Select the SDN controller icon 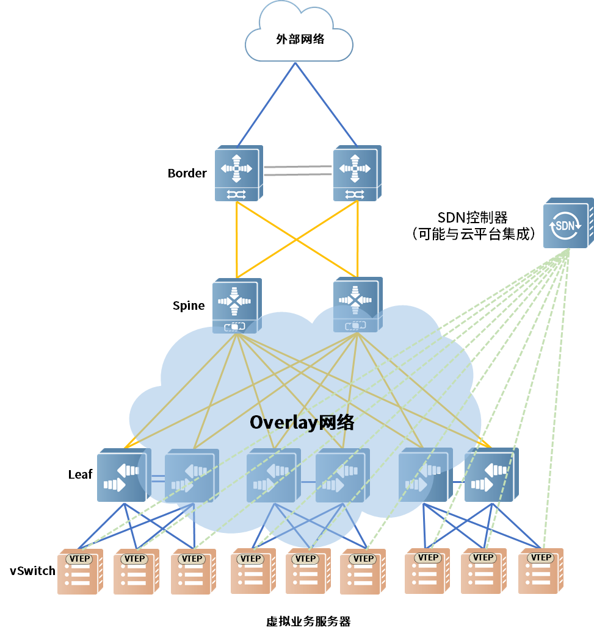[x=567, y=224]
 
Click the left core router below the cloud [x=237, y=173]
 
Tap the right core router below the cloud [x=356, y=173]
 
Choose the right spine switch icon [x=357, y=305]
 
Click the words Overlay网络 [x=302, y=423]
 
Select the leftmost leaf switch [x=122, y=476]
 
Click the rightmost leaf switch [x=490, y=476]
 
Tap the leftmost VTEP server [x=79, y=571]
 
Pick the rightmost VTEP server [x=540, y=571]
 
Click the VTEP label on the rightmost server [x=541, y=557]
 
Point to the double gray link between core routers [x=298, y=170]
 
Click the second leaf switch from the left [x=190, y=476]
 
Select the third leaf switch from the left [x=272, y=476]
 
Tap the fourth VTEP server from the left [x=253, y=571]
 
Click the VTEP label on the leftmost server [x=80, y=559]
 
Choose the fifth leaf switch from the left [x=424, y=476]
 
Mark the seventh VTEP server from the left [x=427, y=571]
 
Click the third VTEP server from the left [x=193, y=571]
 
